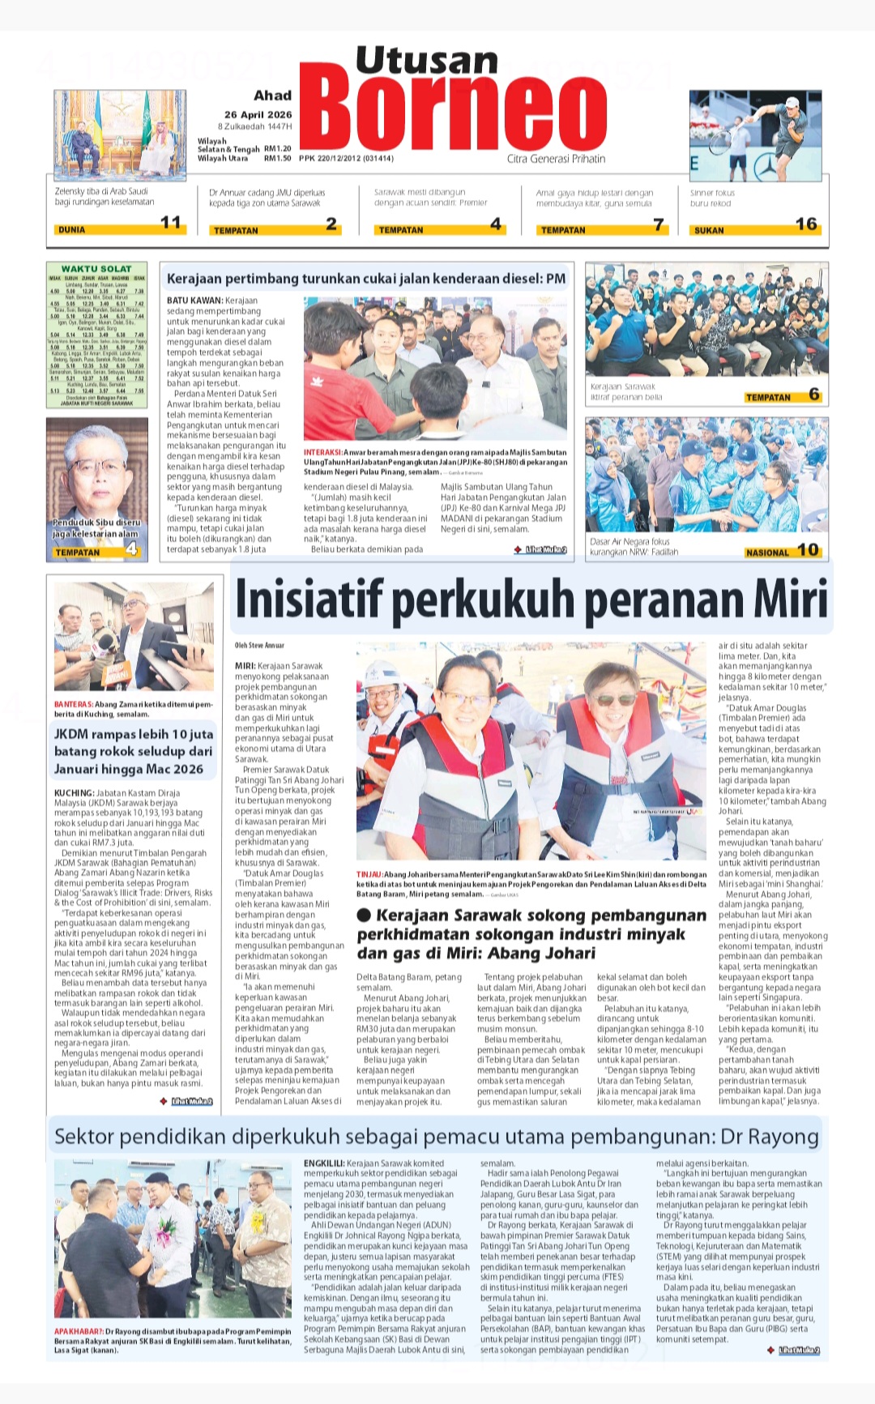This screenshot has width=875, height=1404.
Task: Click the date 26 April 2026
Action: tap(258, 114)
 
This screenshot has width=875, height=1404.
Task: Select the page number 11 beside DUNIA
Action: tap(171, 223)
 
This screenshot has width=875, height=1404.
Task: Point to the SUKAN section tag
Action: tap(709, 230)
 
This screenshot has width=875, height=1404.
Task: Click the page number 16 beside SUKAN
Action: tap(805, 224)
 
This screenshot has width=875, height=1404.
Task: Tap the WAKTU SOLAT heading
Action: tap(96, 268)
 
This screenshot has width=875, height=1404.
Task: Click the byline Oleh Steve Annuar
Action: tap(259, 646)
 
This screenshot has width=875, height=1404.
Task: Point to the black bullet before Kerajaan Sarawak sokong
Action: tap(364, 915)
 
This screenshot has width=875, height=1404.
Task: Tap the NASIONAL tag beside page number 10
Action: tap(766, 553)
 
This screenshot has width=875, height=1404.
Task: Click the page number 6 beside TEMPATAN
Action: tap(813, 395)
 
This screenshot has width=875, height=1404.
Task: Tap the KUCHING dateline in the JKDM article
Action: tap(74, 793)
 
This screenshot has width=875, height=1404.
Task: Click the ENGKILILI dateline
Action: tap(324, 1163)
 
